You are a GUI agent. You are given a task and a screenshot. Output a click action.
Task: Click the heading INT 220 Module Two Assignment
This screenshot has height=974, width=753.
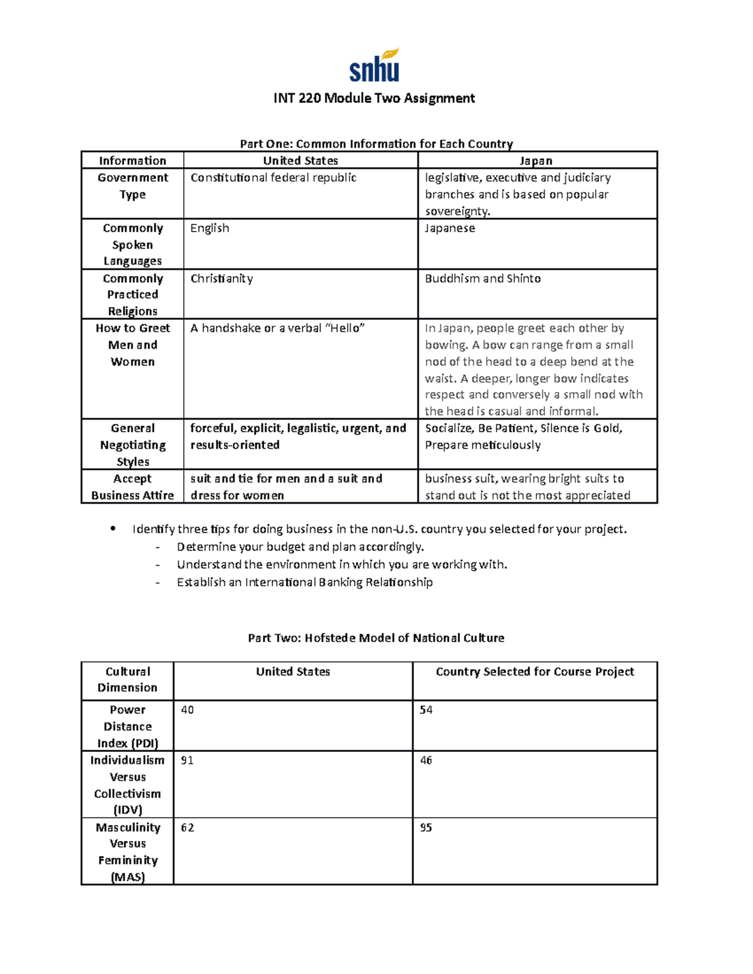tap(374, 98)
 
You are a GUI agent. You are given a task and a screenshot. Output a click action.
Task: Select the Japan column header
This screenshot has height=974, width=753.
tap(537, 161)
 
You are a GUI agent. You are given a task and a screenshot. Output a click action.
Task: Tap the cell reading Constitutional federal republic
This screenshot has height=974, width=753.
tap(274, 178)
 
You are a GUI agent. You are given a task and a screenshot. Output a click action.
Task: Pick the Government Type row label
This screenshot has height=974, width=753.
tap(132, 186)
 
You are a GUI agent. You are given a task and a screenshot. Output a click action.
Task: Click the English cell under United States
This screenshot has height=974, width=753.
tap(210, 228)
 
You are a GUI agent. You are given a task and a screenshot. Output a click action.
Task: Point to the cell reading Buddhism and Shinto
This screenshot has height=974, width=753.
tap(483, 278)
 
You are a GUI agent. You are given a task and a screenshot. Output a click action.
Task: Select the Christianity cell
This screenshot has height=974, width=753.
tap(222, 278)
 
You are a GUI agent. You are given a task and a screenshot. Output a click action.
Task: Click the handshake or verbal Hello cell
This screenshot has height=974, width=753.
tap(277, 329)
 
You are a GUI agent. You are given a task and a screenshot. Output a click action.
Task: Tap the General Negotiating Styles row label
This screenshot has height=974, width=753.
tap(132, 445)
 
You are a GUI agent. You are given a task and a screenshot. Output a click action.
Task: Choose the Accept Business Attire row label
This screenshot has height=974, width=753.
tap(132, 487)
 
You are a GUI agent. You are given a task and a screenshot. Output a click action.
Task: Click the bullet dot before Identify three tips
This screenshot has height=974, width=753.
tap(112, 529)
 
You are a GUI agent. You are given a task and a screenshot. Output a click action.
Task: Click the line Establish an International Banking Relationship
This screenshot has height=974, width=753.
tap(304, 583)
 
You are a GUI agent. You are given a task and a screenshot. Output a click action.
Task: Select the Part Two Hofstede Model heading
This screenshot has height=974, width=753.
tap(376, 638)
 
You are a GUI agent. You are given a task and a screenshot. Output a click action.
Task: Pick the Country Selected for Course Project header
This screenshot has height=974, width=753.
tap(535, 672)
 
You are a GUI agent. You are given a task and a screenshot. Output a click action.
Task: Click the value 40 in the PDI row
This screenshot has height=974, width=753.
tap(187, 710)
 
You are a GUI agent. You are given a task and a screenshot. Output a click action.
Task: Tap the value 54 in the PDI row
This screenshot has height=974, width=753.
tap(426, 710)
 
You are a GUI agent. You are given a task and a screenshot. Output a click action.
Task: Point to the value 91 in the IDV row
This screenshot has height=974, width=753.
tap(187, 761)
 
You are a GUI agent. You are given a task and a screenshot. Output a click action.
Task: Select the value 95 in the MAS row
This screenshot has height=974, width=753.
tap(426, 828)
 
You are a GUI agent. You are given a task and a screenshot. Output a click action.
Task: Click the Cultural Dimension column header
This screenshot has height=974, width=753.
tap(127, 680)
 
